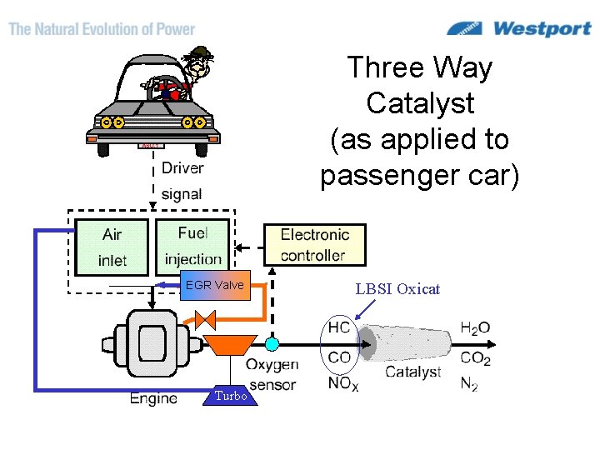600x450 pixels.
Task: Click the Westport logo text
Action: [542, 29]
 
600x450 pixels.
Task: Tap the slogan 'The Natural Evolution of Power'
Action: [102, 29]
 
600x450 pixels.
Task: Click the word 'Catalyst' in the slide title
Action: [420, 103]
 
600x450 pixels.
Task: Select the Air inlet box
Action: [112, 247]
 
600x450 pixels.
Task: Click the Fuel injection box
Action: [192, 246]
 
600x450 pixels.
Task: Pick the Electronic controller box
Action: [314, 245]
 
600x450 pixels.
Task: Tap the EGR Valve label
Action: [215, 285]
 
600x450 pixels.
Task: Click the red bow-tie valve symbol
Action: [204, 319]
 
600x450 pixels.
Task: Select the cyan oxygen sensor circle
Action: [272, 343]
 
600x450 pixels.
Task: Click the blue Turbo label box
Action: [231, 396]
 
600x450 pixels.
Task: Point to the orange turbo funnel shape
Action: [230, 344]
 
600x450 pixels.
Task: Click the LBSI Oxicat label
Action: [397, 289]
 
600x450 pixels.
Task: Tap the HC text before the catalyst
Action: [339, 327]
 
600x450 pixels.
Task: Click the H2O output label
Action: [475, 328]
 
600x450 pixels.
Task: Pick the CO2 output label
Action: [475, 359]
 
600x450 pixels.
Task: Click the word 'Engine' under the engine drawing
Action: [153, 398]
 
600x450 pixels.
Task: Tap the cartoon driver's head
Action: [199, 60]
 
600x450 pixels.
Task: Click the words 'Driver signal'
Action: [182, 180]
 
